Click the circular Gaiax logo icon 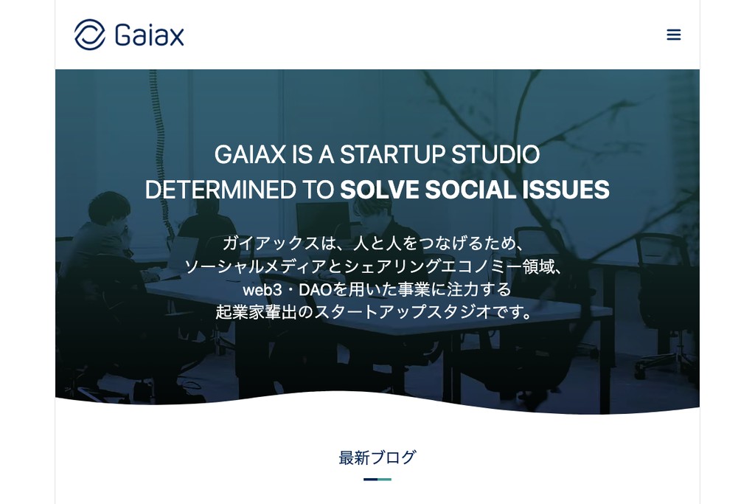coord(90,35)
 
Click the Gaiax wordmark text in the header coord(150,35)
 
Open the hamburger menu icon coord(673,35)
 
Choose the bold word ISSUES coord(566,190)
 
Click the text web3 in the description coord(263,289)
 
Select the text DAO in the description coord(311,289)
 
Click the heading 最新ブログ coord(377,458)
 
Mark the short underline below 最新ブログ coord(377,480)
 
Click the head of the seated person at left coord(108,208)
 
